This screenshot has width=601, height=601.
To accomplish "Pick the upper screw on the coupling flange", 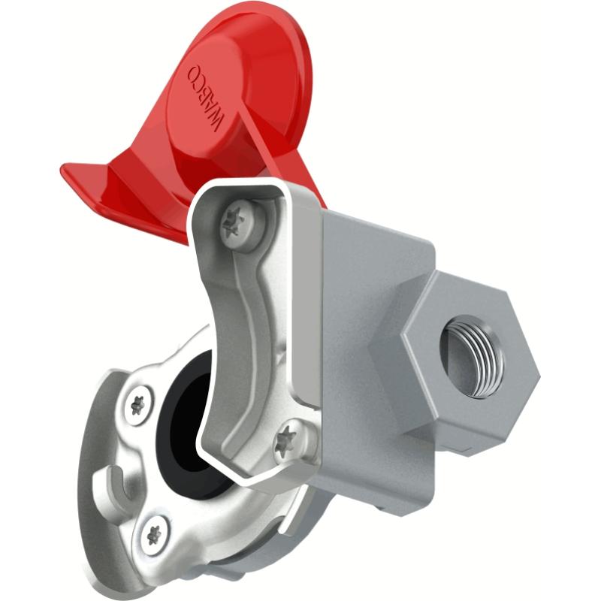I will (x=138, y=404).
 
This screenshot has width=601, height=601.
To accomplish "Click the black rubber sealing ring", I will (x=179, y=421).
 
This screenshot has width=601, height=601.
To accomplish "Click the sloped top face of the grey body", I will (x=376, y=225).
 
